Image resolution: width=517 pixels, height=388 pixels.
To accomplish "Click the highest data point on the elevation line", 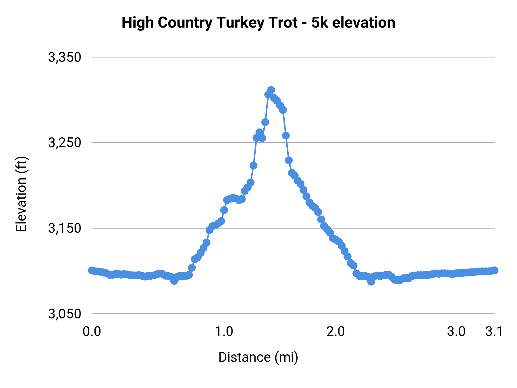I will (x=271, y=90).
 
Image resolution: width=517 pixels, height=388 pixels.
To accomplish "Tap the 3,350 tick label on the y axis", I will (x=65, y=57).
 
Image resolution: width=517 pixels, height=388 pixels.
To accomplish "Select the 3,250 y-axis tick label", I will (x=65, y=143).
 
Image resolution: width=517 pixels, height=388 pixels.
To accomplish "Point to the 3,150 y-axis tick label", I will (x=65, y=228).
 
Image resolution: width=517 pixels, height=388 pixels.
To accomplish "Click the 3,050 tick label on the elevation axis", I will (x=65, y=314).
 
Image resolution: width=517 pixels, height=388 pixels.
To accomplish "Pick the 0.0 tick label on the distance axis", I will (x=92, y=332).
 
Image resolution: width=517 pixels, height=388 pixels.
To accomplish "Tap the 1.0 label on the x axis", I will (x=224, y=332).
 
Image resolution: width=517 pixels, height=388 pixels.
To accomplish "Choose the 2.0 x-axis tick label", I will (x=336, y=332).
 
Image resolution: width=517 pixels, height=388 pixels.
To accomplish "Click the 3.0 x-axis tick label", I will (x=456, y=332).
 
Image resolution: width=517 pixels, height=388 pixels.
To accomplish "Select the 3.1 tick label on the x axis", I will (x=494, y=332).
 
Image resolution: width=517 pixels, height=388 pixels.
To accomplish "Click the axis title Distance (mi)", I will (x=258, y=357).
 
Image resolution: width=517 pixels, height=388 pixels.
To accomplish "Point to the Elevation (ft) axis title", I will (x=21, y=194).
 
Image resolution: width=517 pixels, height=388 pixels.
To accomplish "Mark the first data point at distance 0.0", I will (x=92, y=270).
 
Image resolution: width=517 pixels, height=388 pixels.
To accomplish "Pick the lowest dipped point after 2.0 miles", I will (x=371, y=282).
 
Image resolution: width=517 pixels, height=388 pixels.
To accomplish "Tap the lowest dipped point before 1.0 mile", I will (x=174, y=281).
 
